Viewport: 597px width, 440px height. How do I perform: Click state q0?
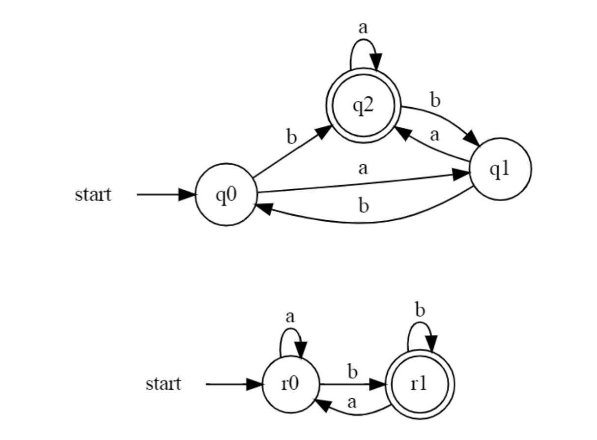click(x=227, y=195)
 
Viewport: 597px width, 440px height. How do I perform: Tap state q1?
click(x=501, y=169)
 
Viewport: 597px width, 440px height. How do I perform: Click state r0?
click(x=290, y=384)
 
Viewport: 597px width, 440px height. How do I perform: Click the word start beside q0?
click(x=93, y=195)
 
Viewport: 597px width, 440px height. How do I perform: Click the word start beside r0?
click(x=163, y=384)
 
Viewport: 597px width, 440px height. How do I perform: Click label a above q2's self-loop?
click(x=363, y=28)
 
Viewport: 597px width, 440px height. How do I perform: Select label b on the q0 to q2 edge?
click(x=292, y=137)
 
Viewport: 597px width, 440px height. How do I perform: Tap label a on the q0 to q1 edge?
click(x=363, y=169)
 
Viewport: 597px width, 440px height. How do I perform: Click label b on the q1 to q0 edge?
click(x=363, y=206)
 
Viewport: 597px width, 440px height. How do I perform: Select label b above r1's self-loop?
click(x=420, y=310)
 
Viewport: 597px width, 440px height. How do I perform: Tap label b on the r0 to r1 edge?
click(x=352, y=372)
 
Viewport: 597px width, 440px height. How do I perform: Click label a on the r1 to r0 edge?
click(x=351, y=403)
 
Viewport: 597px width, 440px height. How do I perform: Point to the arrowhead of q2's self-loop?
click(x=376, y=62)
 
